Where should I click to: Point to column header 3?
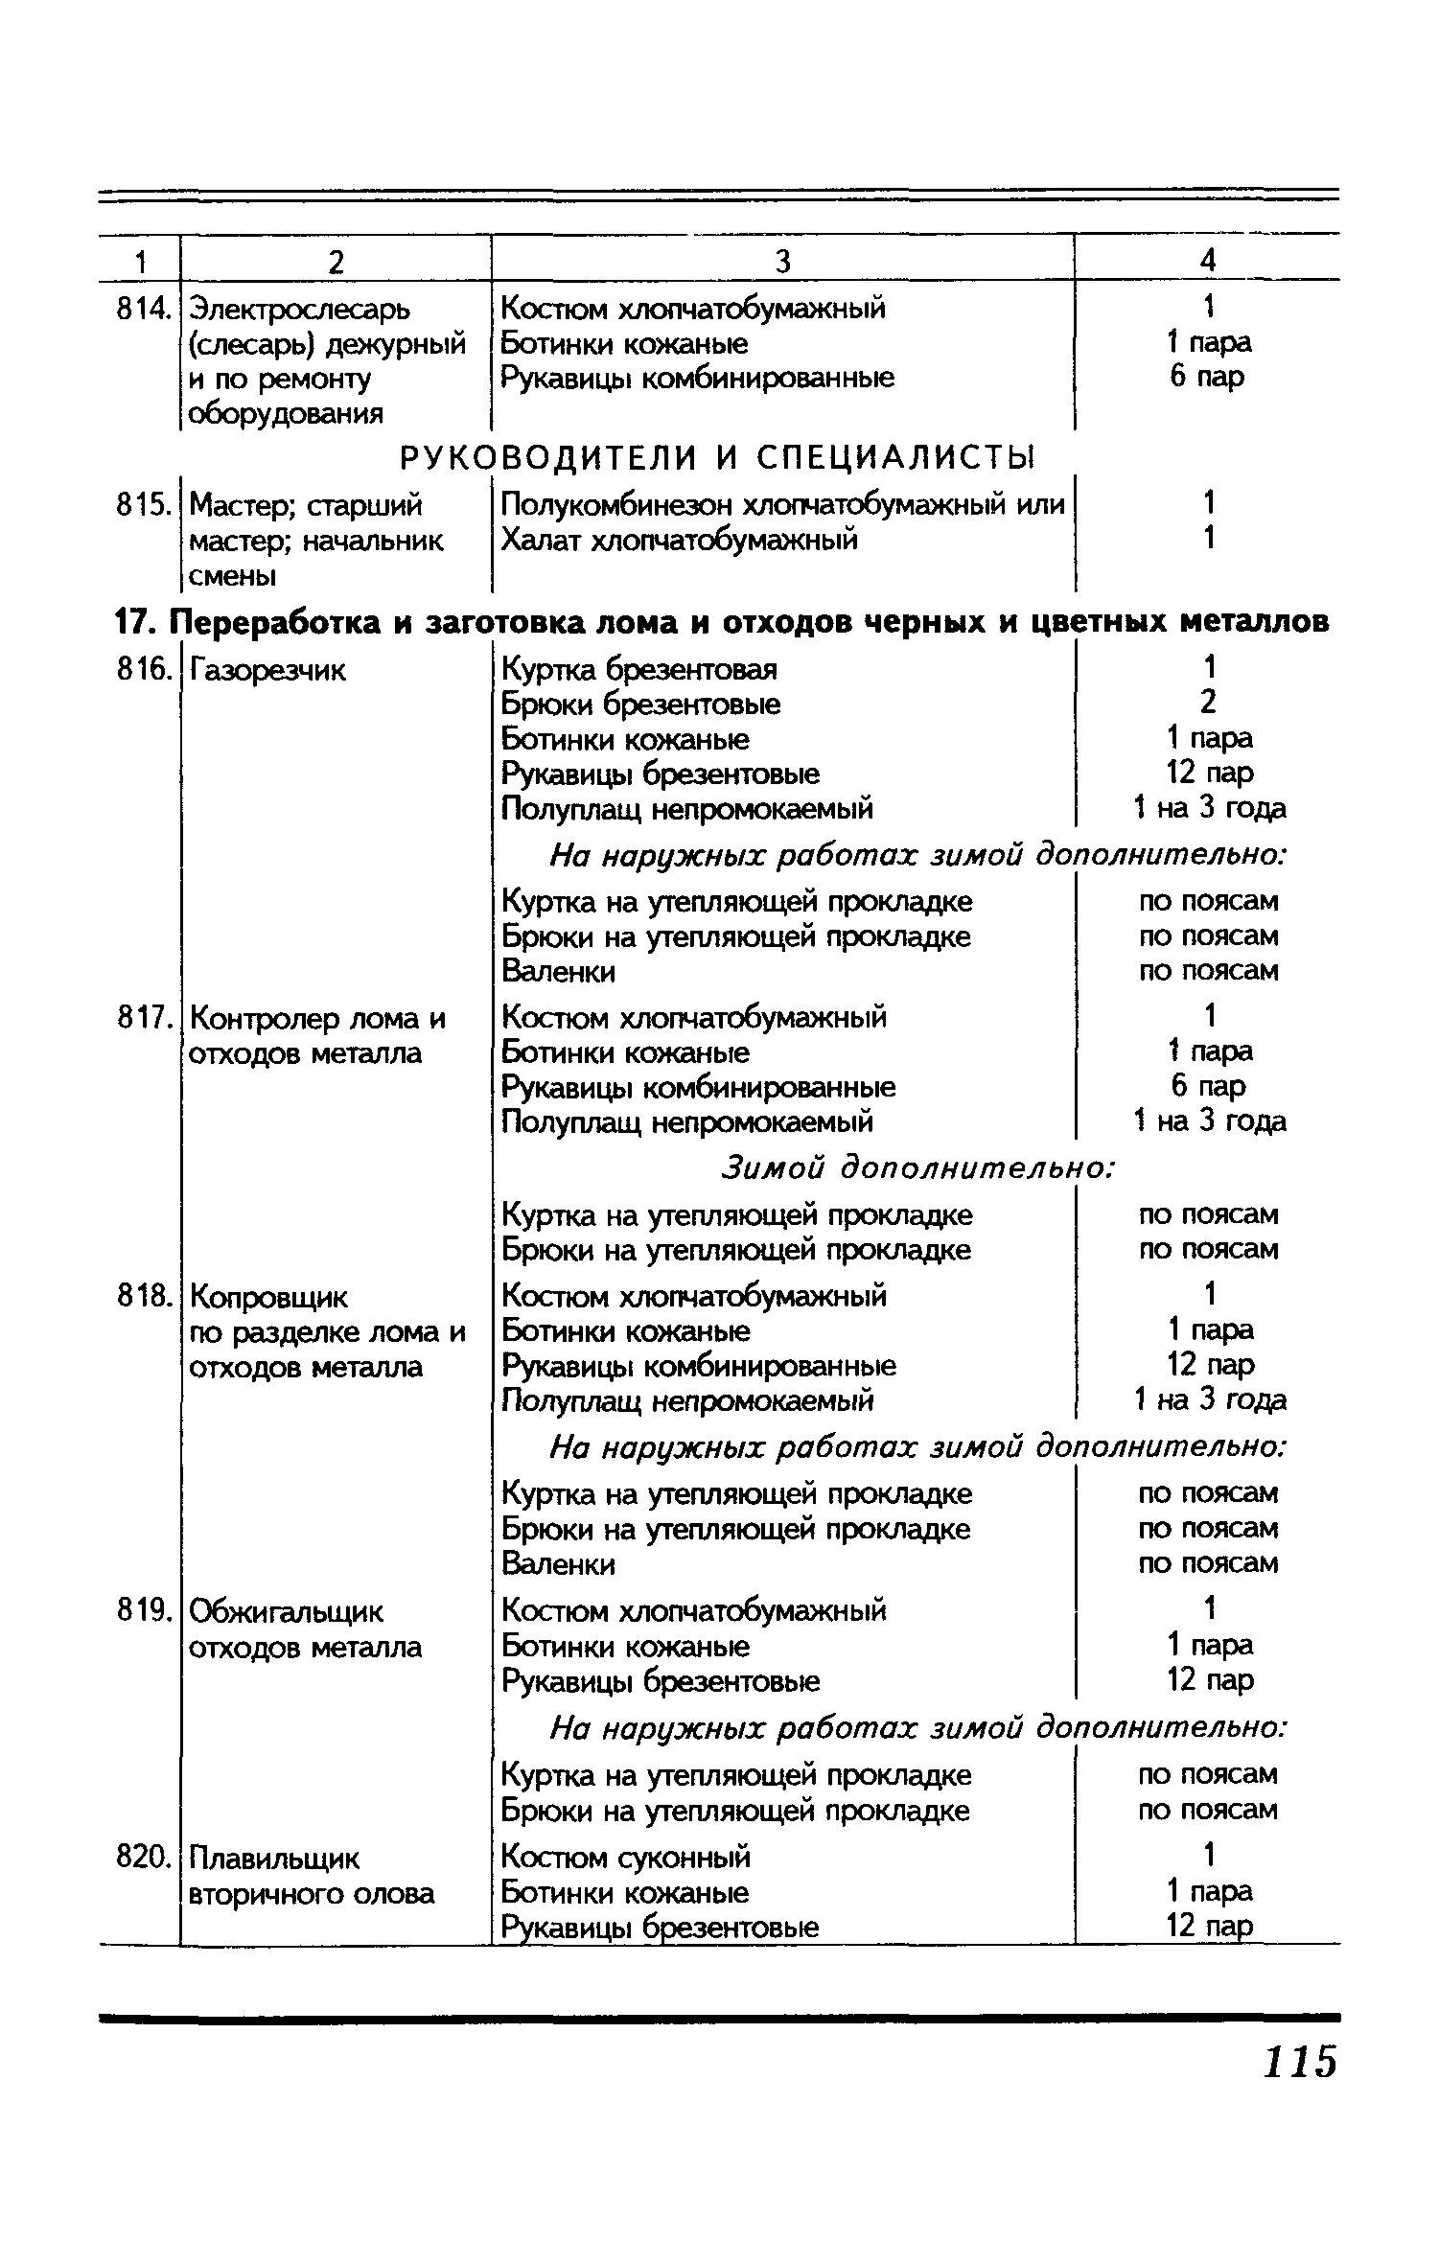click(x=782, y=261)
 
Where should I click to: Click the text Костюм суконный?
click(x=626, y=1858)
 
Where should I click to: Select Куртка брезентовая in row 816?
click(x=639, y=668)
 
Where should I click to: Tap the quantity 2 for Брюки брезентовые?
click(x=1207, y=703)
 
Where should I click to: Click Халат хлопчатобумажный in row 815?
click(x=680, y=540)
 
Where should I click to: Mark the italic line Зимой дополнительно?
click(x=917, y=1167)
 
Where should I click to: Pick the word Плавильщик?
click(x=275, y=1859)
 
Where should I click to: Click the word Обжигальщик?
click(x=287, y=1612)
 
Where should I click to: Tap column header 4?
click(x=1208, y=261)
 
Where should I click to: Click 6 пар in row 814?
click(x=1207, y=377)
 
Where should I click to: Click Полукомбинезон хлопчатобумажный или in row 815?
click(x=782, y=504)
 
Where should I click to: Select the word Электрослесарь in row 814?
click(x=298, y=309)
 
